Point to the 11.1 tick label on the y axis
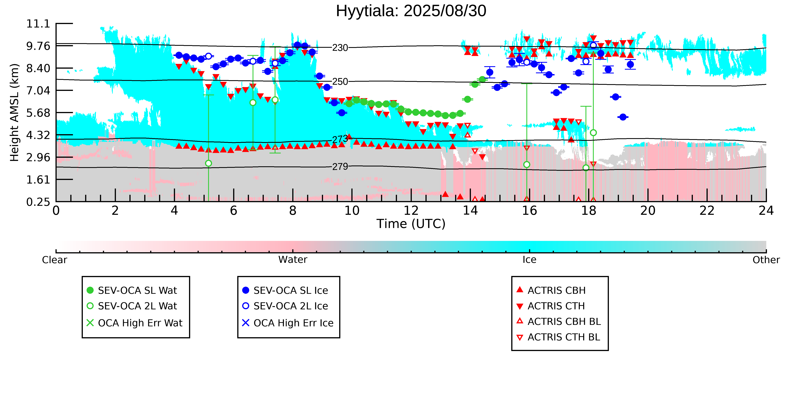(x=38, y=24)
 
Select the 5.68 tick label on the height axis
(x=38, y=113)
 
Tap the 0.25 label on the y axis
(x=38, y=202)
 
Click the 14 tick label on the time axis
(x=470, y=211)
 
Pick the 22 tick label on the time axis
(x=707, y=211)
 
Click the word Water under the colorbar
(x=293, y=260)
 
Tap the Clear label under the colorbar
(x=54, y=260)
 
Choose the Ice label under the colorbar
(x=529, y=260)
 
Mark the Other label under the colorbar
(x=766, y=260)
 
